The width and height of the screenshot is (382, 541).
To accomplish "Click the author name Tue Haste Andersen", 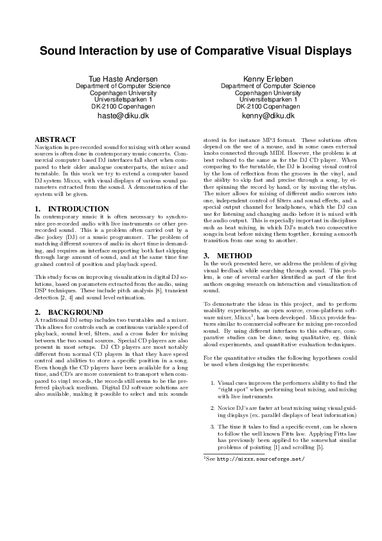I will (x=123, y=78).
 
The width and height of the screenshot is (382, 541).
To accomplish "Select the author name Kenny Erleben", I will (x=268, y=78).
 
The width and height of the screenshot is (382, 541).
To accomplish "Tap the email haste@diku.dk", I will (x=123, y=116).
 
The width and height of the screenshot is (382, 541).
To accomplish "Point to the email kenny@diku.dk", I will (x=268, y=116).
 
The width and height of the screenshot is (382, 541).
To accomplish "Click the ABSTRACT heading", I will (x=55, y=139).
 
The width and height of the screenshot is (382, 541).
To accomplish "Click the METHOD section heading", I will (x=225, y=255).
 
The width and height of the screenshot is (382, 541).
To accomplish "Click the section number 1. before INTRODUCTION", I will (x=37, y=209).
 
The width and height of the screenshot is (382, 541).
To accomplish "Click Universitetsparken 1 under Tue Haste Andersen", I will (x=123, y=100).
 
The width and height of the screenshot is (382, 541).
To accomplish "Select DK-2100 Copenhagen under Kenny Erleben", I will (x=268, y=107).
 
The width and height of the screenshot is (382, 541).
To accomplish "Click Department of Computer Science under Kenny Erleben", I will (x=268, y=85).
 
